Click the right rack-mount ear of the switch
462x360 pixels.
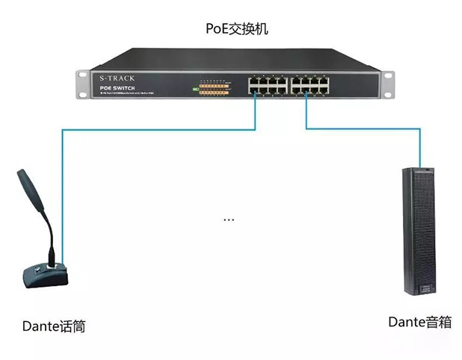(x=388, y=84)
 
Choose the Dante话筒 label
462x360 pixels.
(x=53, y=326)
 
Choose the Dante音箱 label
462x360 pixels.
(x=419, y=323)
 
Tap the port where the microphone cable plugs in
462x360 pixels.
(x=255, y=93)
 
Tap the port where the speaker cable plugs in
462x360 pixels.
(x=306, y=93)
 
